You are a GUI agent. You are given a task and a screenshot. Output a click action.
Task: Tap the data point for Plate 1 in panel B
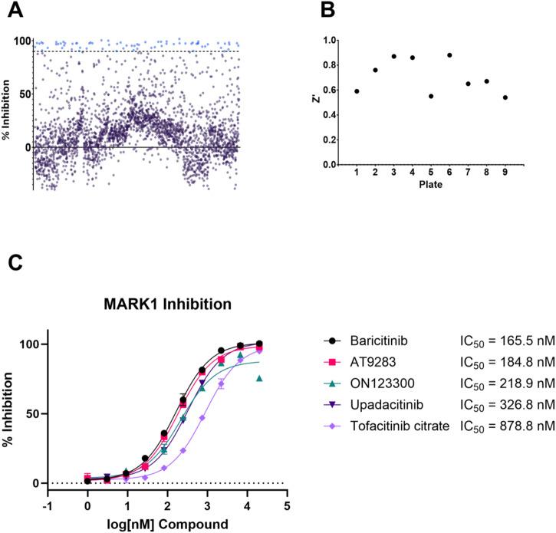pyautogui.click(x=357, y=91)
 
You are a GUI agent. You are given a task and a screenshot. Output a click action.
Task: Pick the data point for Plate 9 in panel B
pyautogui.click(x=504, y=97)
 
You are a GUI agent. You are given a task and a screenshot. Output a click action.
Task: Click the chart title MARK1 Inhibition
pyautogui.click(x=169, y=304)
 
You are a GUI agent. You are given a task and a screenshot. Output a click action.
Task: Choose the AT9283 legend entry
pyautogui.click(x=364, y=361)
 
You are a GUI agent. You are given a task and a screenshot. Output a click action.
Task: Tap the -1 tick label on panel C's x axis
pyautogui.click(x=48, y=506)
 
